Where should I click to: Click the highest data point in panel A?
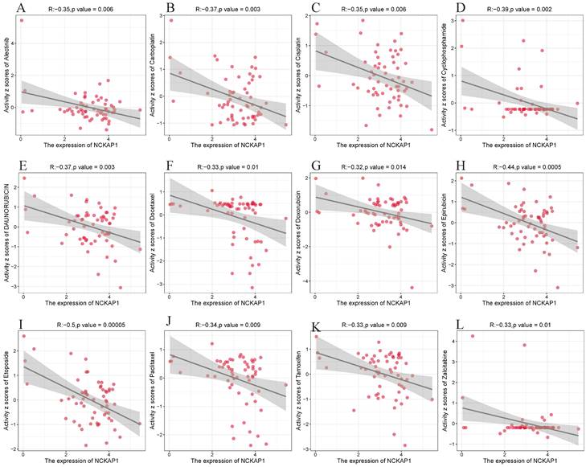(22, 21)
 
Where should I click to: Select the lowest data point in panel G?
(413, 287)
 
